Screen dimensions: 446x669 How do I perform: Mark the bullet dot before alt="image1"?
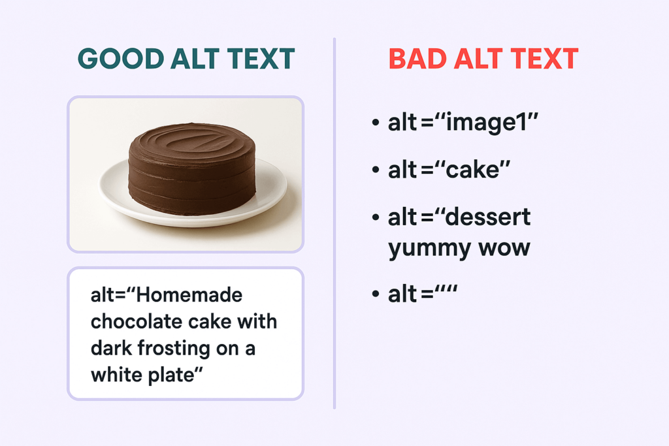coord(376,123)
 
